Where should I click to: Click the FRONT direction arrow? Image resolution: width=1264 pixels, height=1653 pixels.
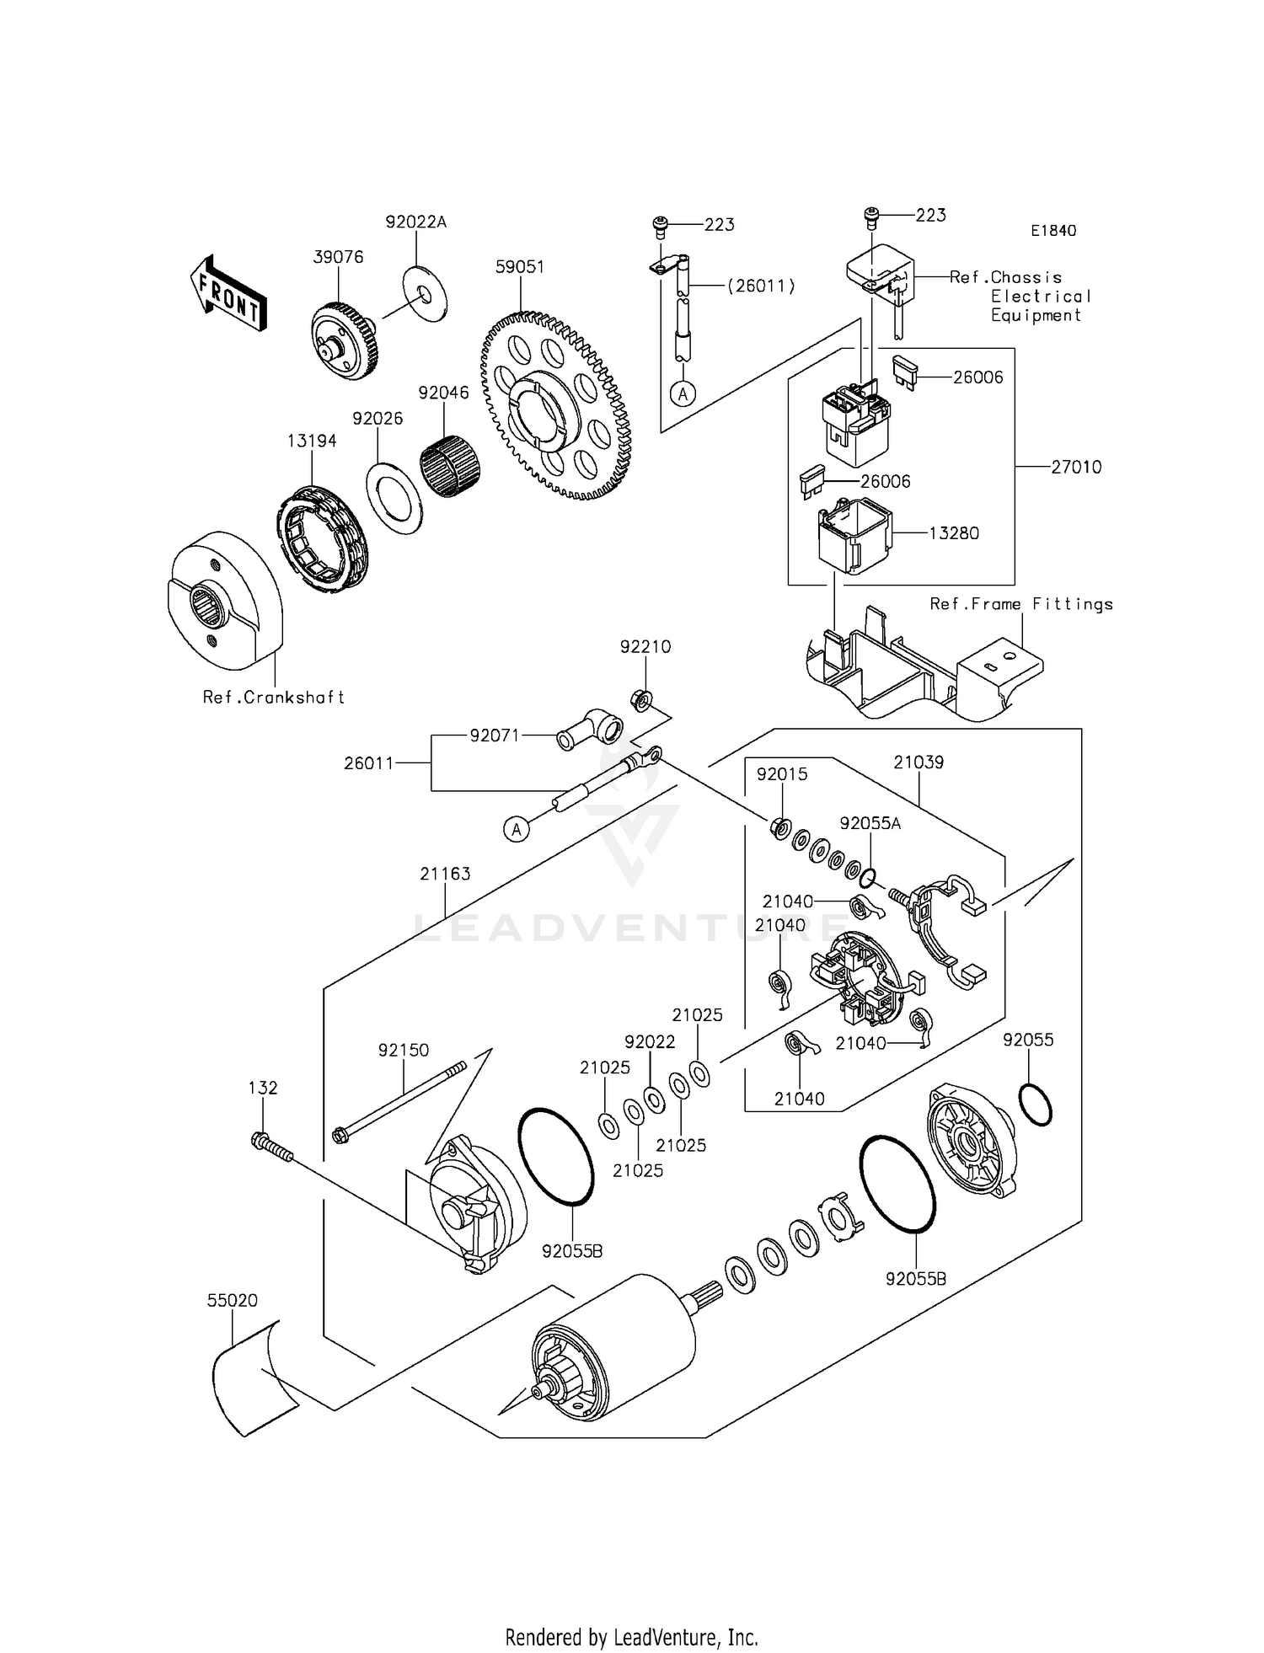click(228, 293)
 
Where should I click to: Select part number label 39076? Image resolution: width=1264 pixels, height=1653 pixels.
click(338, 257)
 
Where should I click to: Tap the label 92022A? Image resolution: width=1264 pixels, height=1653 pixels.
click(416, 222)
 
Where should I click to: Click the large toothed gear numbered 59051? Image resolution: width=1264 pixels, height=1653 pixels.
click(557, 405)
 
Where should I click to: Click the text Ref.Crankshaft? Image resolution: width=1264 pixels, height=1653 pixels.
click(274, 698)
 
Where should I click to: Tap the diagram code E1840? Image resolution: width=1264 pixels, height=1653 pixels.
click(1052, 230)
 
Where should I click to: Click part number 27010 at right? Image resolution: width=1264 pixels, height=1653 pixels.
click(1076, 467)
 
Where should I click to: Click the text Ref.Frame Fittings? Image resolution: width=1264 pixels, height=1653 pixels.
click(1021, 604)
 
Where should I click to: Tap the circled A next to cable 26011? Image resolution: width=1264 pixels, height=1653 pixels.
click(517, 829)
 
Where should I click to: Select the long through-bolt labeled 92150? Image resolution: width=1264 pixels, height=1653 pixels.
click(400, 1100)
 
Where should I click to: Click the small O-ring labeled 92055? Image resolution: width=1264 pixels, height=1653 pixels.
click(1035, 1105)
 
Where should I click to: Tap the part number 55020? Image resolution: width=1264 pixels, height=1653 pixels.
click(233, 1301)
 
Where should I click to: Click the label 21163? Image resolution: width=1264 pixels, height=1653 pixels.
click(445, 874)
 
